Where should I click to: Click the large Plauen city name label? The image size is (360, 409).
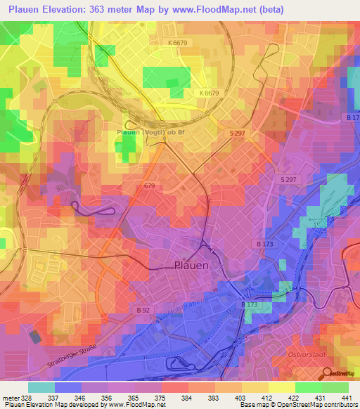click(x=191, y=266)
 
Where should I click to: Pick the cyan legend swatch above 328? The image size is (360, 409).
click(x=41, y=387)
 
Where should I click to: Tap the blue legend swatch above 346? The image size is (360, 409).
click(x=68, y=387)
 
